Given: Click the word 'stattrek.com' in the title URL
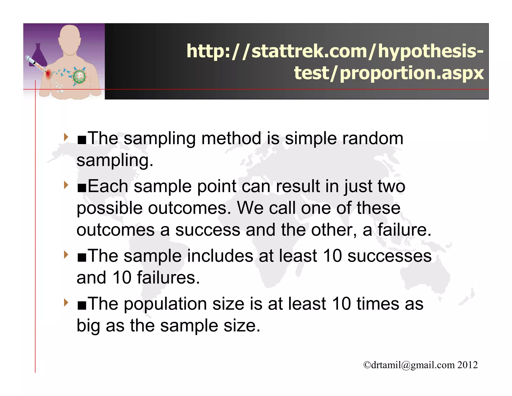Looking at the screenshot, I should (309, 51).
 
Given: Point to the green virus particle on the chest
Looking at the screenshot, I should (79, 77).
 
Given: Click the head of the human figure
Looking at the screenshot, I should (70, 38).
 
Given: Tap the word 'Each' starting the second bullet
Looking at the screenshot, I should (108, 186).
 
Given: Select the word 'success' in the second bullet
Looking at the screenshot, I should (207, 230).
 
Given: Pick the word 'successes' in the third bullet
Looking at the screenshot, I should (389, 256).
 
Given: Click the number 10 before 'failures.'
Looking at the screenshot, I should (122, 278).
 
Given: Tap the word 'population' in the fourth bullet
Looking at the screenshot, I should (165, 304).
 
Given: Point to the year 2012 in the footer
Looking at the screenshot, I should (467, 365).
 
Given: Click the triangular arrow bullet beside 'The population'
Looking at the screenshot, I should (66, 303).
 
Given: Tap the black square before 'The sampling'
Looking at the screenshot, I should (82, 140).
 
